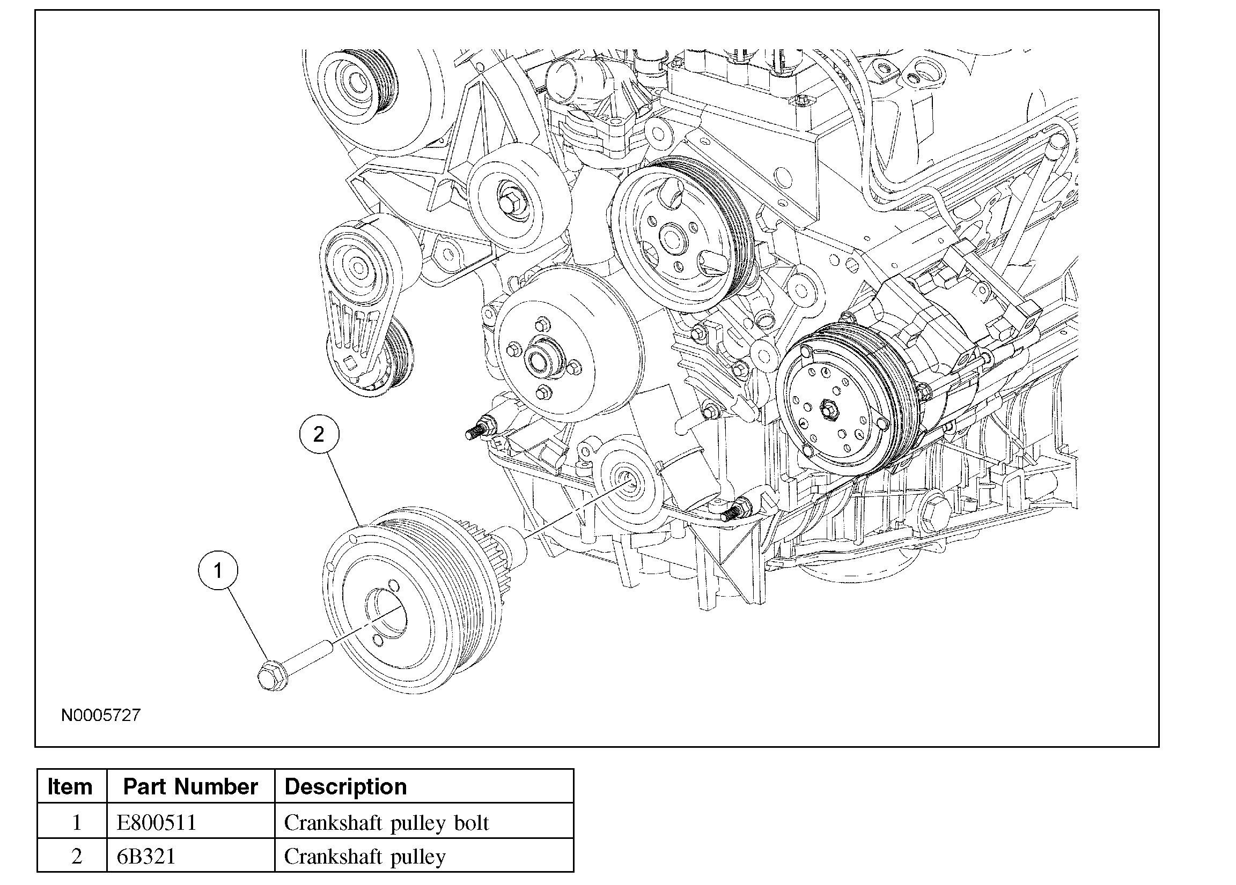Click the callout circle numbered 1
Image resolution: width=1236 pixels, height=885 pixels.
(218, 571)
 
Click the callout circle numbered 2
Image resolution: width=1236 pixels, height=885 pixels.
(319, 434)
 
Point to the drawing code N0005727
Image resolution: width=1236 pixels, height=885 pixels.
(101, 715)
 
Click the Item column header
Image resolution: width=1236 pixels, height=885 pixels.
(70, 787)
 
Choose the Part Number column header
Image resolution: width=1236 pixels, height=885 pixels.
(190, 787)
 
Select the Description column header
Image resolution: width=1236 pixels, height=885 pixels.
(345, 787)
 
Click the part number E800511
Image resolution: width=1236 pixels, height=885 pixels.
(157, 822)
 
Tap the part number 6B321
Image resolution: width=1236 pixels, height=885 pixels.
(146, 857)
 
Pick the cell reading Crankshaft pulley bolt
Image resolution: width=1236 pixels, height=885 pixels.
(386, 822)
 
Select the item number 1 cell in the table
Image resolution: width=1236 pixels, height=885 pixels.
(76, 822)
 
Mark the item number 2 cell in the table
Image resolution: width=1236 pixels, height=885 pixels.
(76, 857)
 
